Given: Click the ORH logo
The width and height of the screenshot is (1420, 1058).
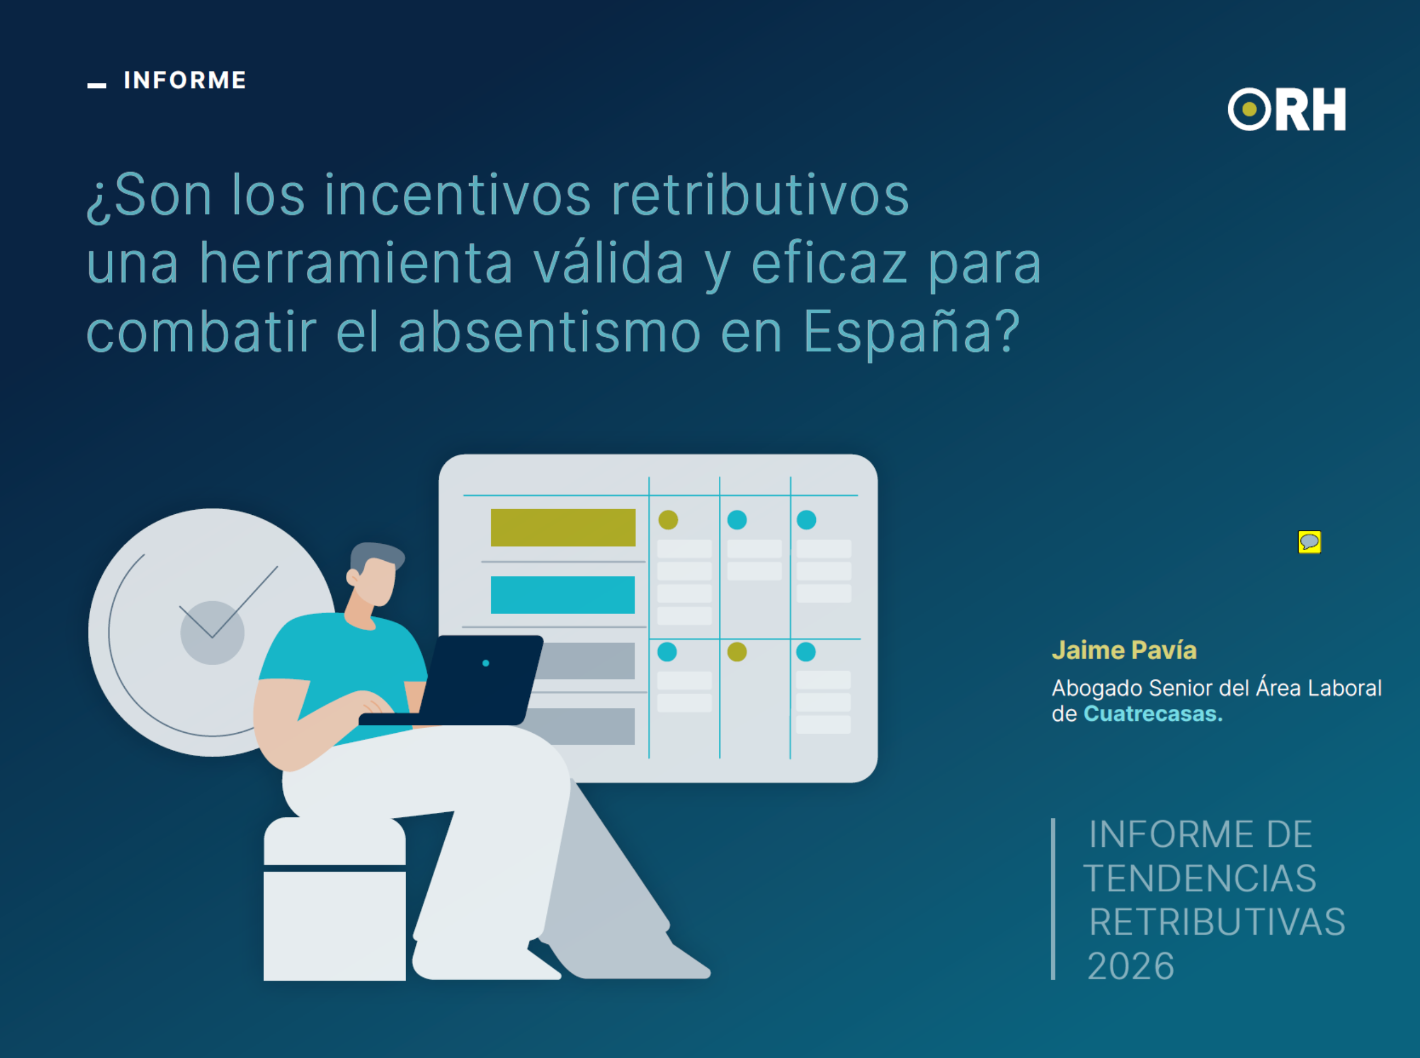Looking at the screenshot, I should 1286,110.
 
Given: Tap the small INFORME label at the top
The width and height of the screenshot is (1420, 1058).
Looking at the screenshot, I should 184,81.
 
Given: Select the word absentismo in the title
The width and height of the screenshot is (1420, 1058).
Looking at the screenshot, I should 549,333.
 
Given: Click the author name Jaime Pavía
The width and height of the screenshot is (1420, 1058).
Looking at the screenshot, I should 1124,650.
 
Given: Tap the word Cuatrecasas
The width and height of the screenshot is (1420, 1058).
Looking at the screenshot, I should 1152,713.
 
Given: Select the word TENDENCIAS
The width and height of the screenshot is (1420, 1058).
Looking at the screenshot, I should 1200,878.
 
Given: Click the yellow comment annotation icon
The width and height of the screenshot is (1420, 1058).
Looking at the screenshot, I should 1309,542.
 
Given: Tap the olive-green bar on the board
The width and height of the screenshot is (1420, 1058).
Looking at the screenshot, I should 563,528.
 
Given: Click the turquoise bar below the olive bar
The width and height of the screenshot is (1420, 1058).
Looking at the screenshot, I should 563,595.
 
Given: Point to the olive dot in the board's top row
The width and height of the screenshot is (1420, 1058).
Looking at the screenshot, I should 668,520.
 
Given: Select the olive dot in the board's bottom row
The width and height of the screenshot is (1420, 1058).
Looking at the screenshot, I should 737,652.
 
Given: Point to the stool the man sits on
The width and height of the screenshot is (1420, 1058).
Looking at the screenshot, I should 334,909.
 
